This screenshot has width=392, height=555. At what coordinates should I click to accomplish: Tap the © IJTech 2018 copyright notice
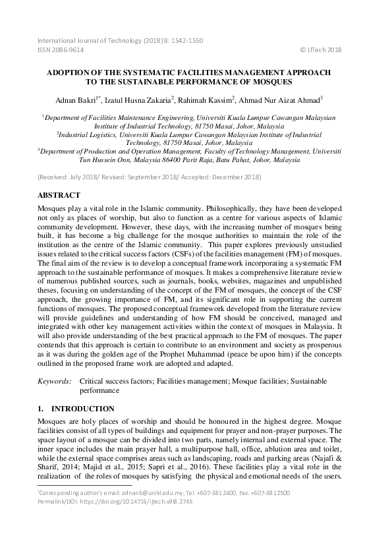pyautogui.click(x=320, y=49)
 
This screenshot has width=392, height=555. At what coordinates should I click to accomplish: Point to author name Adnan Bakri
pyautogui.click(x=77, y=100)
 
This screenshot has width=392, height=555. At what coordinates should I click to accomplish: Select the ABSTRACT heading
pyautogui.click(x=59, y=195)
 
